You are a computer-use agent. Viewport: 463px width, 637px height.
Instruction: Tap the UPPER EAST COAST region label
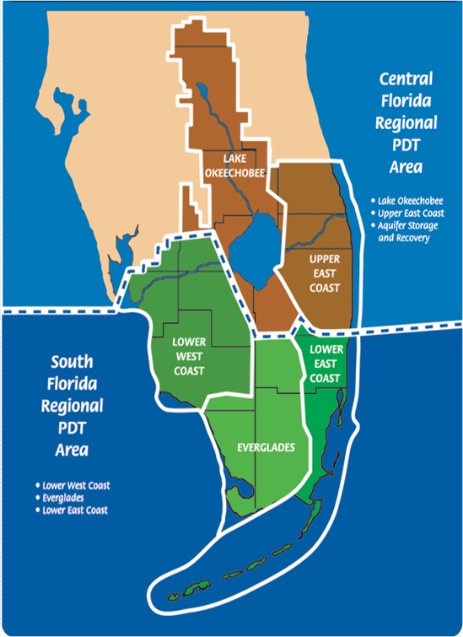324,273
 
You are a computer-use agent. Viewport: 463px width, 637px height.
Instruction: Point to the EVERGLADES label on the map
266,447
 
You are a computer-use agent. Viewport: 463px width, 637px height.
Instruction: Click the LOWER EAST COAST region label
325,364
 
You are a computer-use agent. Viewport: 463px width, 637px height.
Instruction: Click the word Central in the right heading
406,80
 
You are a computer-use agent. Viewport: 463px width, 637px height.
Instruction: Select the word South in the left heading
72,363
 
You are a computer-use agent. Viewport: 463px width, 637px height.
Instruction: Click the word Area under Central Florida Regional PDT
406,166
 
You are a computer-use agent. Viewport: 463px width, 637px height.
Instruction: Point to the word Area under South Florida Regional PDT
72,449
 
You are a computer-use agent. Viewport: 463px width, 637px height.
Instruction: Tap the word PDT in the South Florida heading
72,427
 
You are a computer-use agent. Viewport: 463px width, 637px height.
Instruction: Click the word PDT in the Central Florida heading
406,144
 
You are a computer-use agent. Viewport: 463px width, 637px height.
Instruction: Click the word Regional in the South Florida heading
72,406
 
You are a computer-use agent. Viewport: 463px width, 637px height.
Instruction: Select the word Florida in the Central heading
406,101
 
